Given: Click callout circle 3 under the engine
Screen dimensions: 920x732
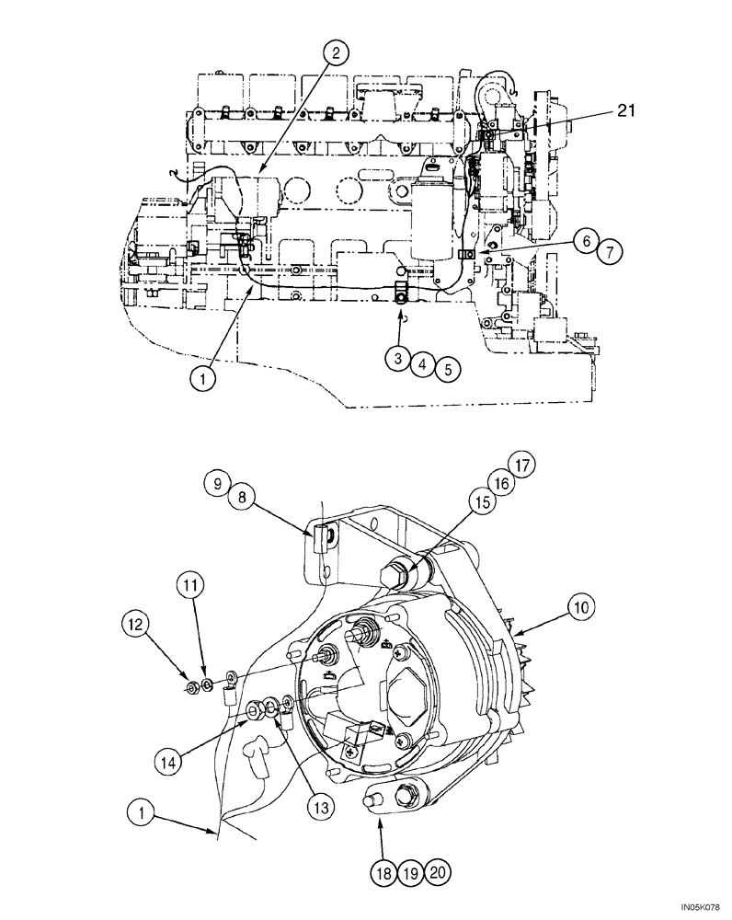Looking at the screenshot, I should [397, 360].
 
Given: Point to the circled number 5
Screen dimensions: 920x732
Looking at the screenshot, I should [447, 369].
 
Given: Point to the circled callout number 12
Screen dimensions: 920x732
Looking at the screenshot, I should [134, 625].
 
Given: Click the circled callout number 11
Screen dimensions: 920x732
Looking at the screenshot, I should [188, 584].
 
